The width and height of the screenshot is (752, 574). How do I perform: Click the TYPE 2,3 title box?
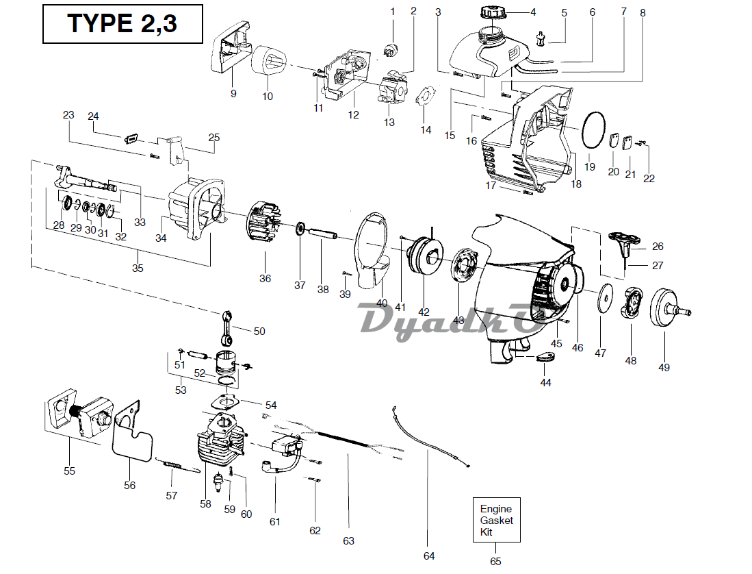(122, 24)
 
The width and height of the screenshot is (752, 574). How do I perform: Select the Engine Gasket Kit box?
(496, 521)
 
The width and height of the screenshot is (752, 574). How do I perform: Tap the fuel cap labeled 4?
(491, 13)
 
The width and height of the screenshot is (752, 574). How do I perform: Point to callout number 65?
(495, 561)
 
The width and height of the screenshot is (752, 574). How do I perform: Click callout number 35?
(138, 269)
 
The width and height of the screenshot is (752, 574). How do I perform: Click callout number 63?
(349, 540)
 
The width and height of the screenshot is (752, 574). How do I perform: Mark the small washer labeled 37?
(301, 227)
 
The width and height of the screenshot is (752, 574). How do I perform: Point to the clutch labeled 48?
(632, 303)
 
